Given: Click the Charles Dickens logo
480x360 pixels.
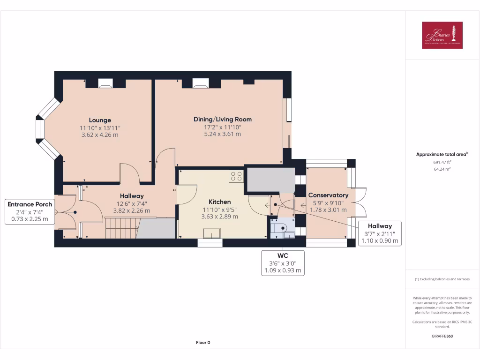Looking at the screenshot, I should tap(442, 35).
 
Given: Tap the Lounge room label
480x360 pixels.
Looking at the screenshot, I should tap(100, 120).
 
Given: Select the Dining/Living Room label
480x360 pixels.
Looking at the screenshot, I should tap(222, 119).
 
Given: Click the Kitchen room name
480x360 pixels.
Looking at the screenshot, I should tap(219, 202).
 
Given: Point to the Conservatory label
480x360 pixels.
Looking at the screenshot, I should tap(328, 195).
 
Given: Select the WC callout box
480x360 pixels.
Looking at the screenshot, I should tap(283, 263).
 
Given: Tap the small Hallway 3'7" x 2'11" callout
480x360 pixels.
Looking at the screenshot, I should tap(380, 233).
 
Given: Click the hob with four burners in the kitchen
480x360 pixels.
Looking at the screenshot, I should tap(236, 176).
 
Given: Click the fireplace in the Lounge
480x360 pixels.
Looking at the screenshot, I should tap(105, 83).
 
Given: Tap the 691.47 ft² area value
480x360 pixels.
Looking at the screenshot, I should tap(442, 162).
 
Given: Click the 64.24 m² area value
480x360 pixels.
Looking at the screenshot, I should tap(442, 169).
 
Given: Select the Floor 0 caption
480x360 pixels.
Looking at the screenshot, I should tap(203, 343).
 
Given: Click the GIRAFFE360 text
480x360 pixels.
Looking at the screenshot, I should tap(442, 336).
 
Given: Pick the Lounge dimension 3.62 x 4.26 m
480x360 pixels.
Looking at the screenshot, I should tap(99, 135).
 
